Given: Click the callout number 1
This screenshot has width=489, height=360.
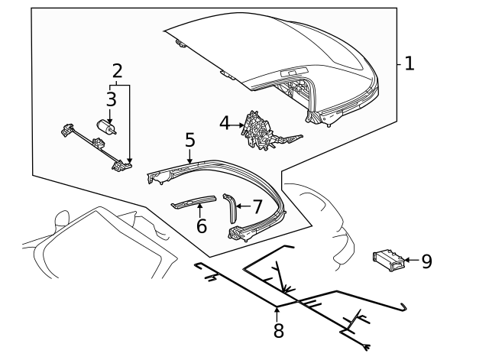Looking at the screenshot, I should tap(409, 63).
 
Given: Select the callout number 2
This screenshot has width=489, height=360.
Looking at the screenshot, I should tap(117, 71).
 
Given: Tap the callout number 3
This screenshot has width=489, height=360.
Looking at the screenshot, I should tap(111, 99).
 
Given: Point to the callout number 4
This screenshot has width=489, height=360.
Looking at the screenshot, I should tap(224, 122).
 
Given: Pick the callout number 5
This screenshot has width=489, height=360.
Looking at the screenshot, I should tap(189, 140).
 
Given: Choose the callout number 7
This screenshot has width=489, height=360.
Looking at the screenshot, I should tap(257, 206).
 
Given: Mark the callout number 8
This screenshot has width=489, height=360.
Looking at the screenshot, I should tap(278, 330).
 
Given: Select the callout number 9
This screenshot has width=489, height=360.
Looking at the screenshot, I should tap(426, 261).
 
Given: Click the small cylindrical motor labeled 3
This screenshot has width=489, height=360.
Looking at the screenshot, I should tap(105, 128).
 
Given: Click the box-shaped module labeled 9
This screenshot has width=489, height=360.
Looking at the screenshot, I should tap(387, 261).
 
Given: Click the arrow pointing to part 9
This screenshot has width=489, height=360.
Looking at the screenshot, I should tap(410, 261).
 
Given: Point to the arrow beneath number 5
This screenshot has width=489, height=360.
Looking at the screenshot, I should tap(189, 156).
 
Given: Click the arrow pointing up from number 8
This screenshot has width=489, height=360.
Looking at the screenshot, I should tap(278, 313).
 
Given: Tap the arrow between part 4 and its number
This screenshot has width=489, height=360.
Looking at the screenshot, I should tap(238, 122).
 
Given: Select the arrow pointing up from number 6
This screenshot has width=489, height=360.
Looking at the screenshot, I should tap(200, 210).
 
